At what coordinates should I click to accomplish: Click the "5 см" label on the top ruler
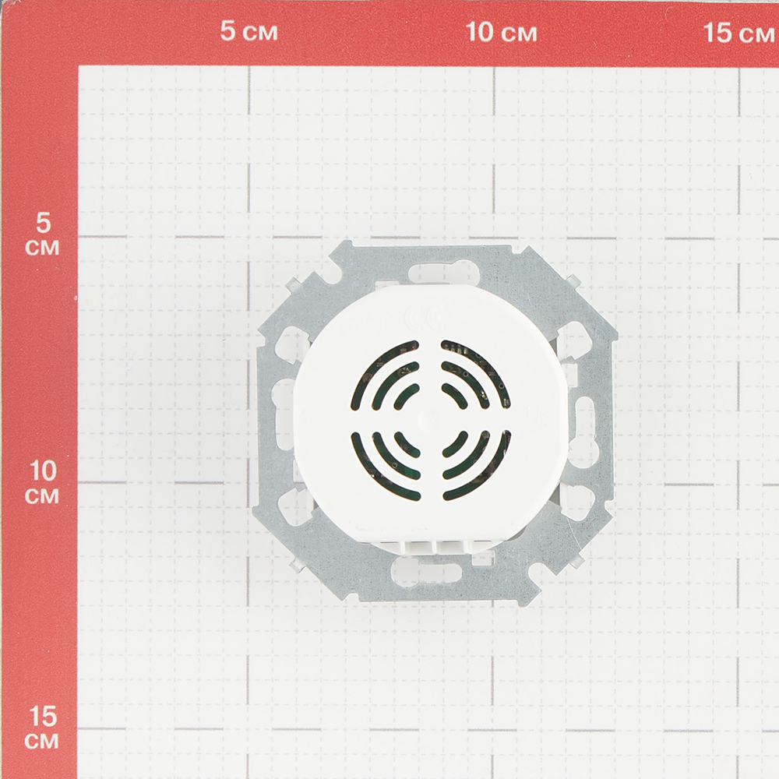pyautogui.click(x=249, y=31)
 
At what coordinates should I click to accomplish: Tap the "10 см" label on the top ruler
pyautogui.click(x=501, y=32)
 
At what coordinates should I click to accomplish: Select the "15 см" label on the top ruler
pyautogui.click(x=738, y=33)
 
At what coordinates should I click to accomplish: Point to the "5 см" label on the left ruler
pyautogui.click(x=42, y=234)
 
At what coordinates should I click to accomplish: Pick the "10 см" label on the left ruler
pyautogui.click(x=42, y=482)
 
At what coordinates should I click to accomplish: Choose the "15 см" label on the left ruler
pyautogui.click(x=42, y=728)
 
